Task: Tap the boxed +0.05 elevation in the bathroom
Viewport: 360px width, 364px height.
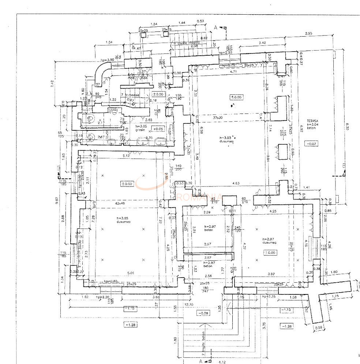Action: (158, 129)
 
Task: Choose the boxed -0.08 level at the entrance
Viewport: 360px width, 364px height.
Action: (202, 313)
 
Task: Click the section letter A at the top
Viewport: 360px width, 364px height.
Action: (216, 27)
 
